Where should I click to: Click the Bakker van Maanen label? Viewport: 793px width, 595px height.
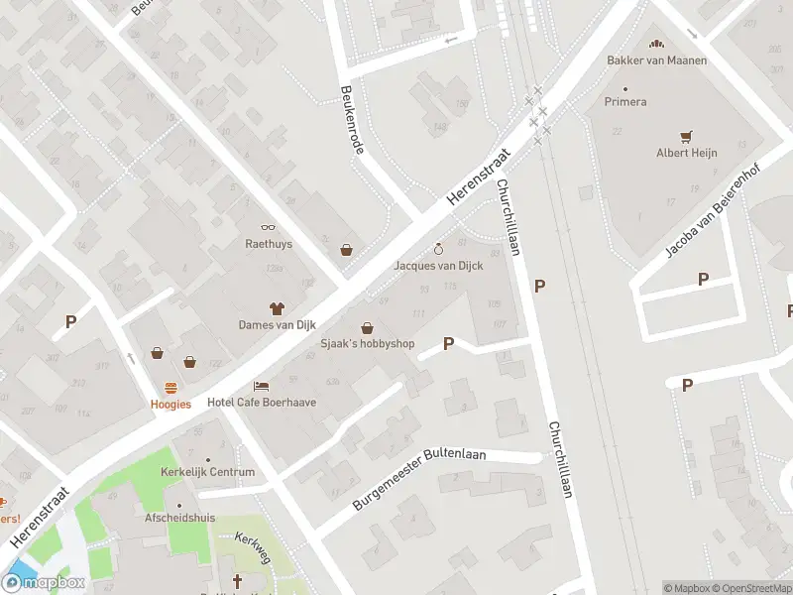tap(657, 60)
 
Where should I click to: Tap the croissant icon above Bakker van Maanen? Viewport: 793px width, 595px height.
tap(654, 44)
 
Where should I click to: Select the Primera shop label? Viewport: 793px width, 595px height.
tap(625, 102)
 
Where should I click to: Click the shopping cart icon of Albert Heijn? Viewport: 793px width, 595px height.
tap(686, 136)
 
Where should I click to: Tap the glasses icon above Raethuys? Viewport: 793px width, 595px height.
tap(268, 228)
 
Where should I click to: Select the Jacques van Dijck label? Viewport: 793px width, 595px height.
tap(439, 266)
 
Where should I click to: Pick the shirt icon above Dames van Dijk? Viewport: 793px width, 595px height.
tap(277, 307)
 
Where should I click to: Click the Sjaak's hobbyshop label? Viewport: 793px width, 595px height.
tap(368, 344)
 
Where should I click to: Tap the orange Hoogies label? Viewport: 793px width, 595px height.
tap(170, 404)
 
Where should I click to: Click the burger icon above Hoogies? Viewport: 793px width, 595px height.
tap(170, 388)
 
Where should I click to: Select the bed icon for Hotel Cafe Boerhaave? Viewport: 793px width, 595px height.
tap(260, 385)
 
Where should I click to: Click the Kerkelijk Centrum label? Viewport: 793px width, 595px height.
tap(207, 472)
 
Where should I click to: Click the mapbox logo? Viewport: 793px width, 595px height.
tap(44, 582)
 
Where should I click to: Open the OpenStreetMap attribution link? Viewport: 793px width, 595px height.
tap(750, 588)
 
